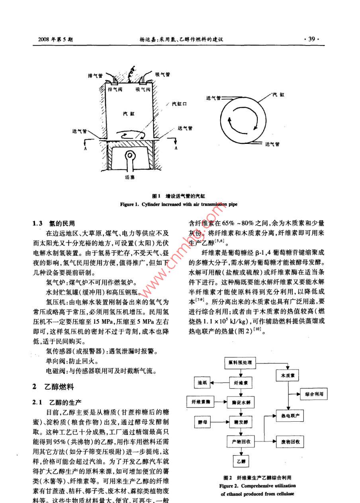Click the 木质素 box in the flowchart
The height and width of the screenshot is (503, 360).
click(x=288, y=375)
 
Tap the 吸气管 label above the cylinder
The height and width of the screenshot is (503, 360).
click(x=162, y=74)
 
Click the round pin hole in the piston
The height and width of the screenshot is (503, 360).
click(x=129, y=155)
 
